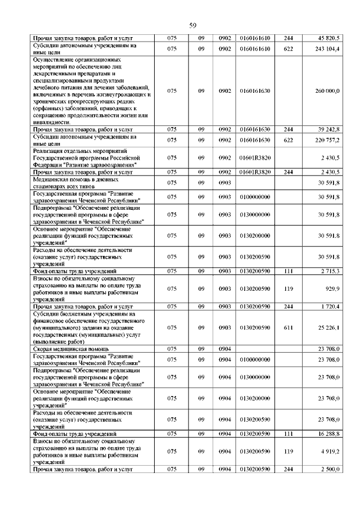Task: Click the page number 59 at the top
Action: click(x=192, y=25)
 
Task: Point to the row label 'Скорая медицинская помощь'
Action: click(x=70, y=349)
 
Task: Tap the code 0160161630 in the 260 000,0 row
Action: click(x=255, y=91)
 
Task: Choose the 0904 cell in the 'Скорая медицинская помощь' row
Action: click(x=226, y=349)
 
